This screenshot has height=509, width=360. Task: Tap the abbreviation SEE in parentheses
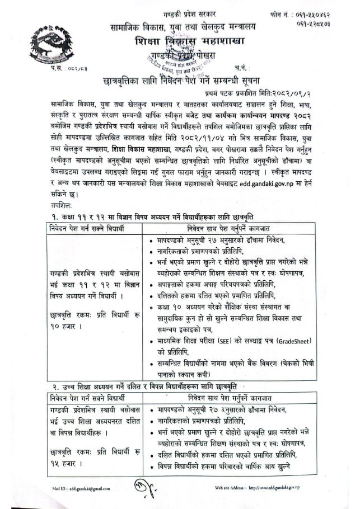click(238, 341)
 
